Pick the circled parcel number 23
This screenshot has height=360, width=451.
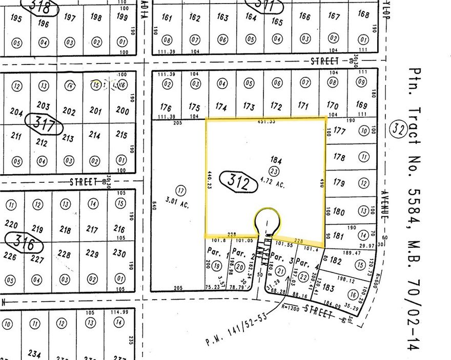coord(275,171)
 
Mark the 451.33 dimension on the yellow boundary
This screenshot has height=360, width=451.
coord(265,122)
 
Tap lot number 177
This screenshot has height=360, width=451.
coord(340,131)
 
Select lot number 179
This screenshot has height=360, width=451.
coord(339,182)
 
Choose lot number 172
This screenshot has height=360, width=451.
coord(276,107)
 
